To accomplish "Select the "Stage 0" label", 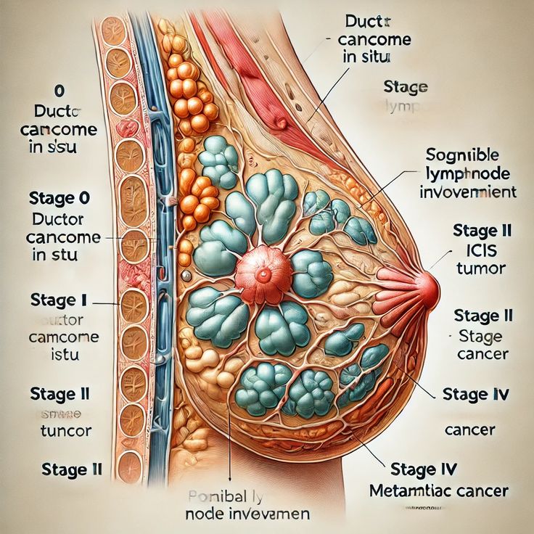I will (x=62, y=199).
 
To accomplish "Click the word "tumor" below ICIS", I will (x=480, y=269).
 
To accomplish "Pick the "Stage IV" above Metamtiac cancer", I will (x=424, y=469).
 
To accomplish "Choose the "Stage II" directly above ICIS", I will (x=482, y=231).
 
